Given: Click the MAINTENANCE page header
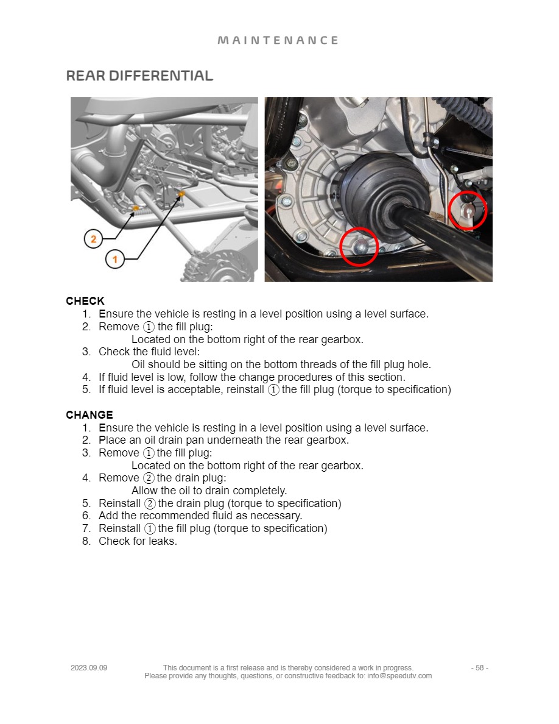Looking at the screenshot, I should tap(278, 40).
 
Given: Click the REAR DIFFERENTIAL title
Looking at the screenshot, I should tap(139, 76).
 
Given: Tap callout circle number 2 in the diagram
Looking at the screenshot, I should tap(93, 239).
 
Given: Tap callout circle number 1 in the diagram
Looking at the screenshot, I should tap(114, 260).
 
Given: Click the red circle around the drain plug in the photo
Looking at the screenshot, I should tap(359, 246).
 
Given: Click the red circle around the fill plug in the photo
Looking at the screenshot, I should tap(468, 210).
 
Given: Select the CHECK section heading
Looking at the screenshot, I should tap(85, 301).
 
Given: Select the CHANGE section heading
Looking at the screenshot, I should tap(90, 415).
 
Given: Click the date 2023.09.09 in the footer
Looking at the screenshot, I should tap(89, 668).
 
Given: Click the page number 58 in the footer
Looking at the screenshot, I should tap(479, 668).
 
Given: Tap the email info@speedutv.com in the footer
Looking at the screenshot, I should tap(399, 676).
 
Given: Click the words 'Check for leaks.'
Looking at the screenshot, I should tap(138, 541).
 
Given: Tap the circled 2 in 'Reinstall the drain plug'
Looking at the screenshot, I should tap(149, 503).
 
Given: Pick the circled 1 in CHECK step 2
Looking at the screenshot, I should tap(149, 327).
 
